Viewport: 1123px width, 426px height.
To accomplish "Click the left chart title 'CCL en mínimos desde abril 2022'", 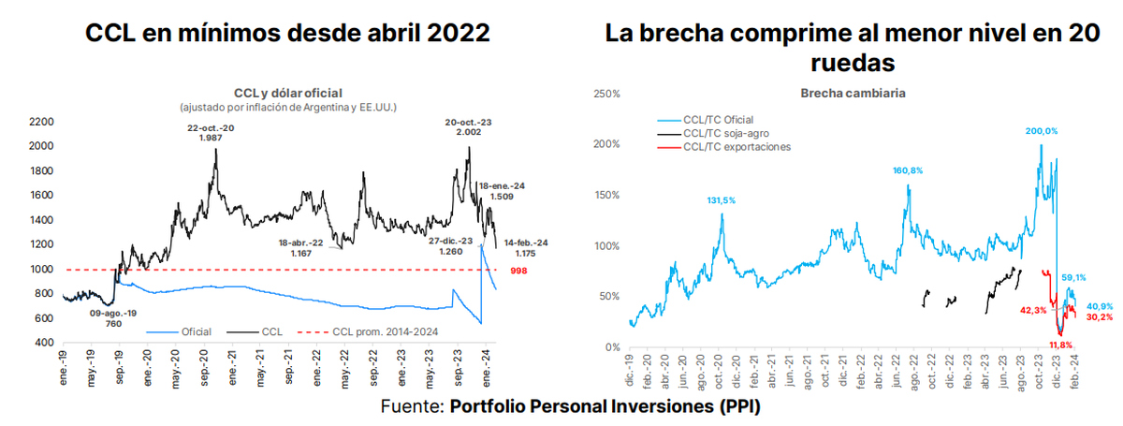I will pyautogui.click(x=286, y=35).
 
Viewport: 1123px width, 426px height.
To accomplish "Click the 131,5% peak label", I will pyautogui.click(x=720, y=199).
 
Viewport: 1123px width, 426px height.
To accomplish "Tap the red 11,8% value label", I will pyautogui.click(x=1060, y=345).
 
